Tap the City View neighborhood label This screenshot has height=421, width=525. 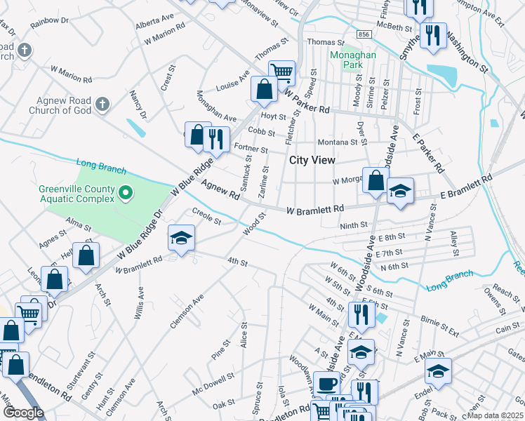pyautogui.click(x=312, y=160)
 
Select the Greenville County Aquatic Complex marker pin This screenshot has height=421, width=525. pyautogui.click(x=126, y=192)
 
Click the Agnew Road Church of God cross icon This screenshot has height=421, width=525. pyautogui.click(x=102, y=105)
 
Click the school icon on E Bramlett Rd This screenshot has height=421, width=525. pyautogui.click(x=400, y=191)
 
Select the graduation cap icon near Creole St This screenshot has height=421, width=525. pyautogui.click(x=181, y=238)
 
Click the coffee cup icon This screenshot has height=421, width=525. pyautogui.click(x=326, y=385)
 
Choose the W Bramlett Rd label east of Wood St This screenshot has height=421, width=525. pyautogui.click(x=315, y=209)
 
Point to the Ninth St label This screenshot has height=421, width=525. pyautogui.click(x=354, y=225)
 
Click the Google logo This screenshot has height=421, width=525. pyautogui.click(x=23, y=413)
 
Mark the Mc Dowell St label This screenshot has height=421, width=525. pyautogui.click(x=213, y=388)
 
